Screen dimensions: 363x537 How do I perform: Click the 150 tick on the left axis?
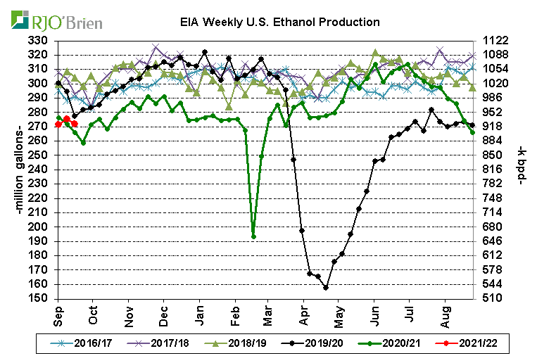click(x=42, y=298)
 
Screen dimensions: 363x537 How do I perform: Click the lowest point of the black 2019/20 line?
click(x=326, y=288)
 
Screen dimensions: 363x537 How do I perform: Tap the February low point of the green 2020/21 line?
click(x=253, y=236)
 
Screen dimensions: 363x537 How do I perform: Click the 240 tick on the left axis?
click(x=42, y=170)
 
